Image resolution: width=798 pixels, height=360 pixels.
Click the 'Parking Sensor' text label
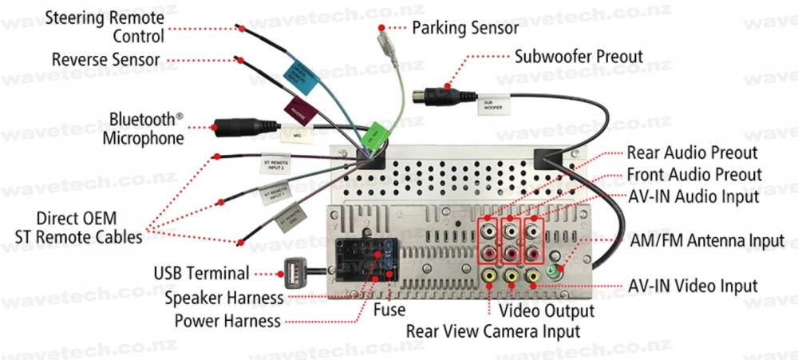point(465,28)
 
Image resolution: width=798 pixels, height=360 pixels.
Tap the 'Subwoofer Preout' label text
point(579,57)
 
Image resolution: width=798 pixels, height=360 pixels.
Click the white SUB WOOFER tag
point(493,103)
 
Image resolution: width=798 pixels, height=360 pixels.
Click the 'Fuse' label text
point(389,309)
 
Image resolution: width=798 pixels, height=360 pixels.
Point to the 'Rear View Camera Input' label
point(493,330)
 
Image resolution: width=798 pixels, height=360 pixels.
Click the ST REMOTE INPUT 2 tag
point(277,165)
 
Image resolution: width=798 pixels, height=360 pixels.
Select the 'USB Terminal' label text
point(202,273)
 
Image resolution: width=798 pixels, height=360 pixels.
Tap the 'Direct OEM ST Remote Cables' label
point(78,227)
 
